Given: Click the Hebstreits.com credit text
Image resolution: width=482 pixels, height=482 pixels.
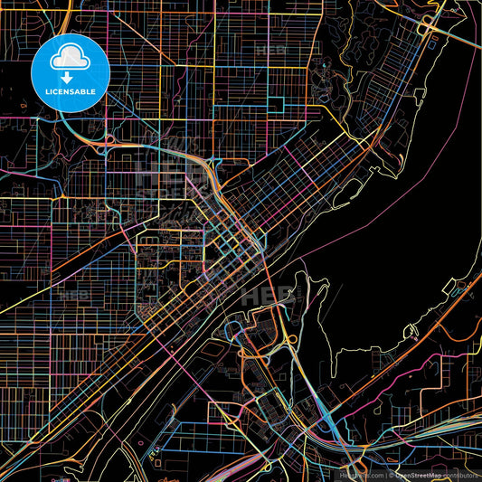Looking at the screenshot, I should click(360, 475).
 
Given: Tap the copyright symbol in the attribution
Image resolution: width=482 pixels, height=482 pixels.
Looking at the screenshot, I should click(390, 475).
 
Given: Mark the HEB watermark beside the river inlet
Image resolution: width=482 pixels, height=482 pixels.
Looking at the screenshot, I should click(276, 294).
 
